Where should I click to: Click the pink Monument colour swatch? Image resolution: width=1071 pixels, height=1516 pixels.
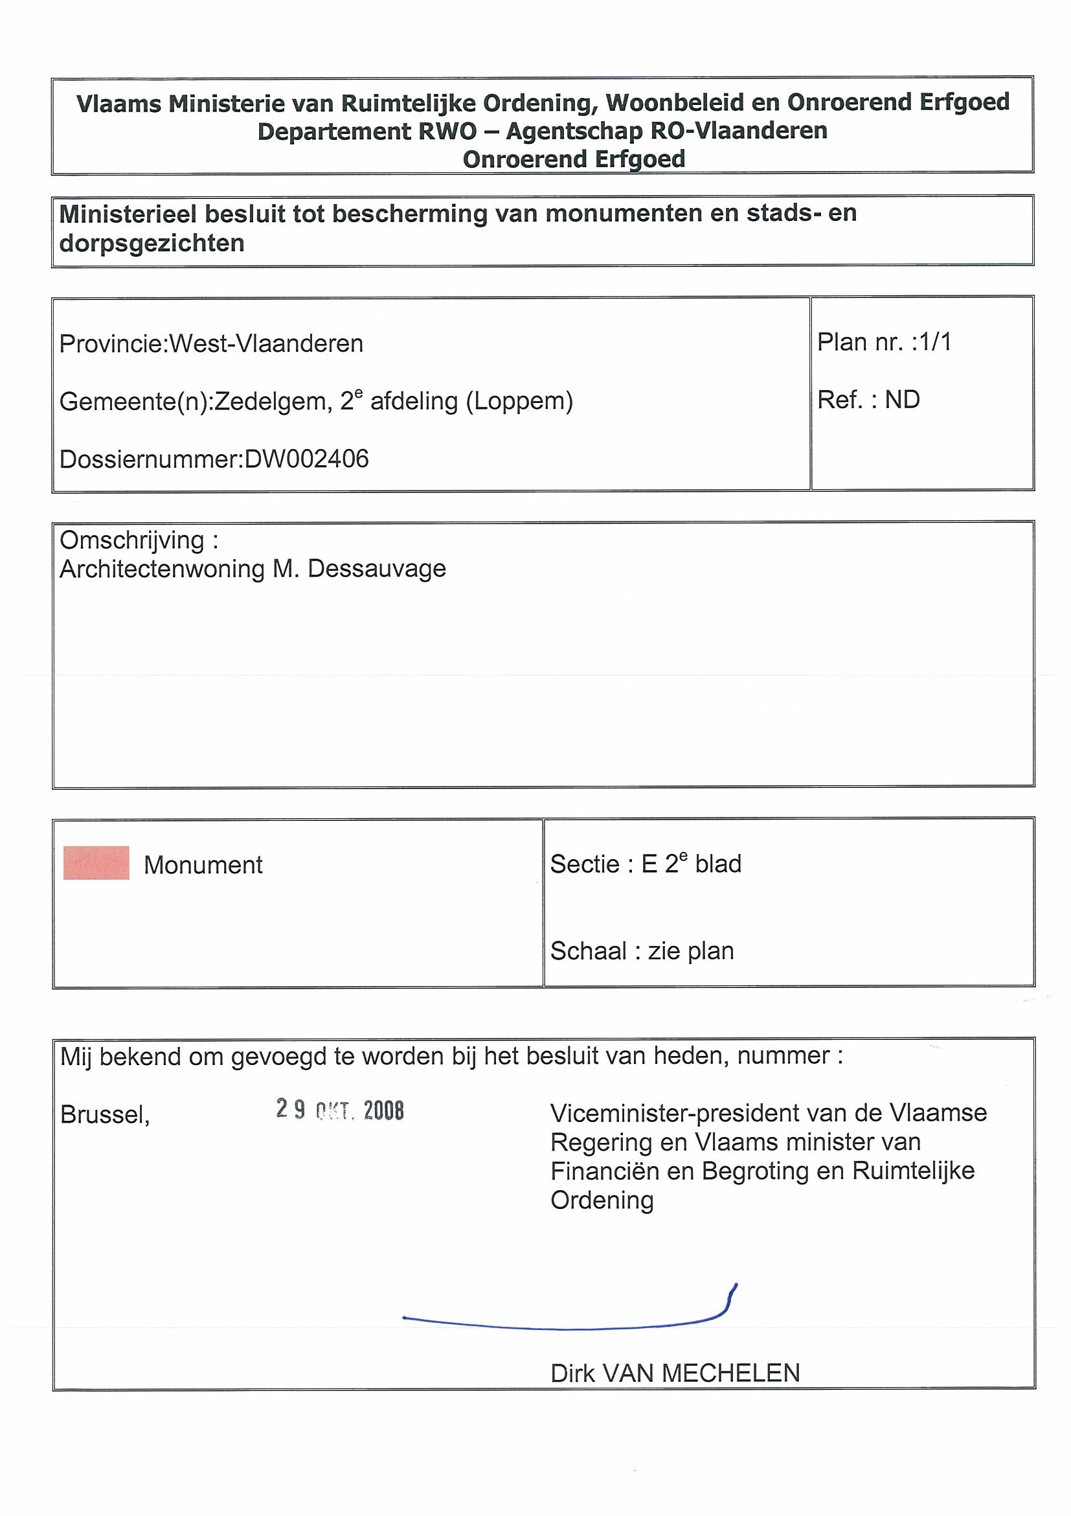click(x=96, y=863)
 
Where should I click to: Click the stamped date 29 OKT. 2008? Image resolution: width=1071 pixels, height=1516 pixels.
click(x=340, y=1110)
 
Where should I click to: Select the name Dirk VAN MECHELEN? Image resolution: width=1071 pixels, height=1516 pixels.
click(x=675, y=1373)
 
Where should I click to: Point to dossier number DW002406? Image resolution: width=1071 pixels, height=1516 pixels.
click(x=306, y=459)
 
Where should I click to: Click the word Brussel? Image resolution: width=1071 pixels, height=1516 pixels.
click(x=105, y=1114)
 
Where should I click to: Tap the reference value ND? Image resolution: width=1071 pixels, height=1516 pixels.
click(x=902, y=400)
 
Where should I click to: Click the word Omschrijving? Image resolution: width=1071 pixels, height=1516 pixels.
click(x=132, y=540)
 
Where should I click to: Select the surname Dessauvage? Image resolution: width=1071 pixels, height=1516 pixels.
click(x=377, y=569)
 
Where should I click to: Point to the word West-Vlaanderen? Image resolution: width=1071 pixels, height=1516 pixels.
click(x=266, y=343)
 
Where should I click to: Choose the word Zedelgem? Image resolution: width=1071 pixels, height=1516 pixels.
click(x=273, y=402)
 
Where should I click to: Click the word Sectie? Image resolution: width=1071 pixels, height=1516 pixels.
click(x=583, y=864)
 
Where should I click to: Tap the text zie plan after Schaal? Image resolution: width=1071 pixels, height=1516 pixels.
click(x=691, y=951)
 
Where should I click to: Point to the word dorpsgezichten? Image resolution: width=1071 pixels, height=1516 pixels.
click(x=152, y=244)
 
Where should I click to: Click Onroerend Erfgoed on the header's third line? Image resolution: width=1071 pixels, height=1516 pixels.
click(x=574, y=159)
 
